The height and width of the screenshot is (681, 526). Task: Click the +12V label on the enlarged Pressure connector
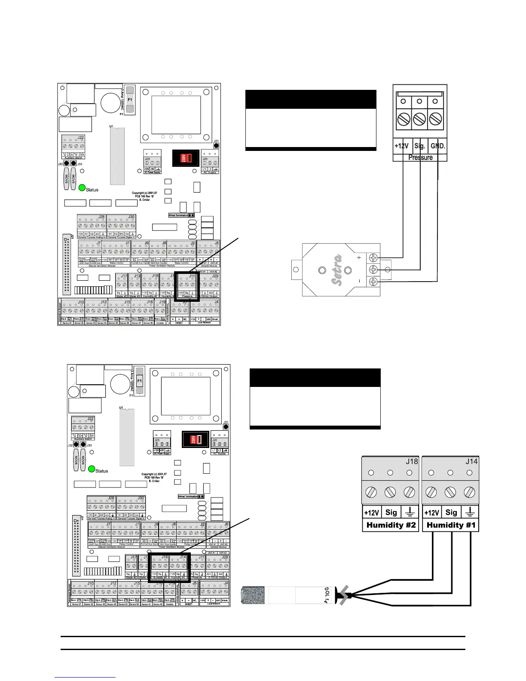click(402, 146)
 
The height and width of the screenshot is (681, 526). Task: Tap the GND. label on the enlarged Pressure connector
click(437, 146)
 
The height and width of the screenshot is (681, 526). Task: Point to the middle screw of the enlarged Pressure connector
click(419, 118)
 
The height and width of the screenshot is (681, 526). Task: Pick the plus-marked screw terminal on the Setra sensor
click(373, 258)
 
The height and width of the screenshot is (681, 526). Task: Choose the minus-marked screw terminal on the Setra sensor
click(373, 282)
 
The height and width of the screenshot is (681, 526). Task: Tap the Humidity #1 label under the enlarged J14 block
click(451, 525)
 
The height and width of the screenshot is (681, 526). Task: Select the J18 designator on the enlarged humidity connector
click(412, 461)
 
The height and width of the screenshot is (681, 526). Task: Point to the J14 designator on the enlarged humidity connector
click(471, 461)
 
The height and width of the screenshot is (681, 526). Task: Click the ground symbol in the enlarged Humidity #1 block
click(470, 512)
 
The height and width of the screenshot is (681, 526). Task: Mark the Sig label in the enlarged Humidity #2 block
click(391, 512)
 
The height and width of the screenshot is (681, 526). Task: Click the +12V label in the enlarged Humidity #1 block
click(431, 512)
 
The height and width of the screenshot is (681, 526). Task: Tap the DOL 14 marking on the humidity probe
click(327, 595)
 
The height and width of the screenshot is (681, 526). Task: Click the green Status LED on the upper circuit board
click(82, 188)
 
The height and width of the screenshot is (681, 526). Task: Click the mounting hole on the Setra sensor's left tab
click(296, 270)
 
